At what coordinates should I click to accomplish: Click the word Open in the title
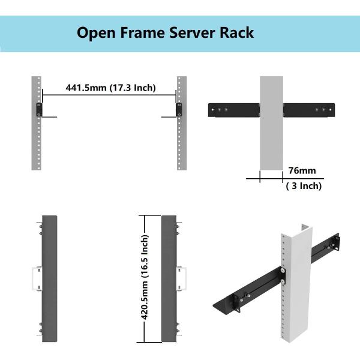click(95, 32)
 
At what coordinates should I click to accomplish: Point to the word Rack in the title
click(238, 32)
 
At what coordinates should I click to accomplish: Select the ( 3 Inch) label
click(302, 186)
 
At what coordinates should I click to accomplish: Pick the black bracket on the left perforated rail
click(38, 110)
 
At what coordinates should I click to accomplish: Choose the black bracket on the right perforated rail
click(179, 110)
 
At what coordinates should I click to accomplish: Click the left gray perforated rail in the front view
click(36, 144)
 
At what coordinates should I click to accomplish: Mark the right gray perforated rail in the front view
click(179, 144)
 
